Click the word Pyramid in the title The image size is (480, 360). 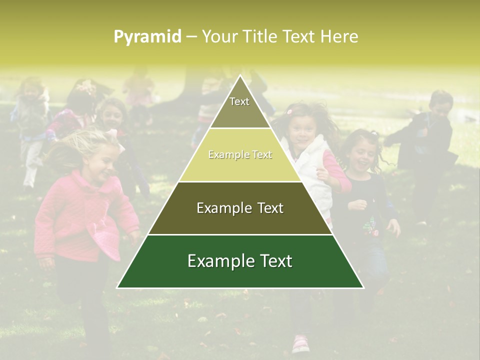pyautogui.click(x=147, y=36)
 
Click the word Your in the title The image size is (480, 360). pyautogui.click(x=218, y=36)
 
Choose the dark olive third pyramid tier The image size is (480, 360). pyautogui.click(x=240, y=208)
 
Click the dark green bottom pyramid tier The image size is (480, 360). pyautogui.click(x=240, y=261)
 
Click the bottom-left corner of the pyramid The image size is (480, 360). pyautogui.click(x=117, y=287)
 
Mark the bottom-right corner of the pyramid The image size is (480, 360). pyautogui.click(x=363, y=287)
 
